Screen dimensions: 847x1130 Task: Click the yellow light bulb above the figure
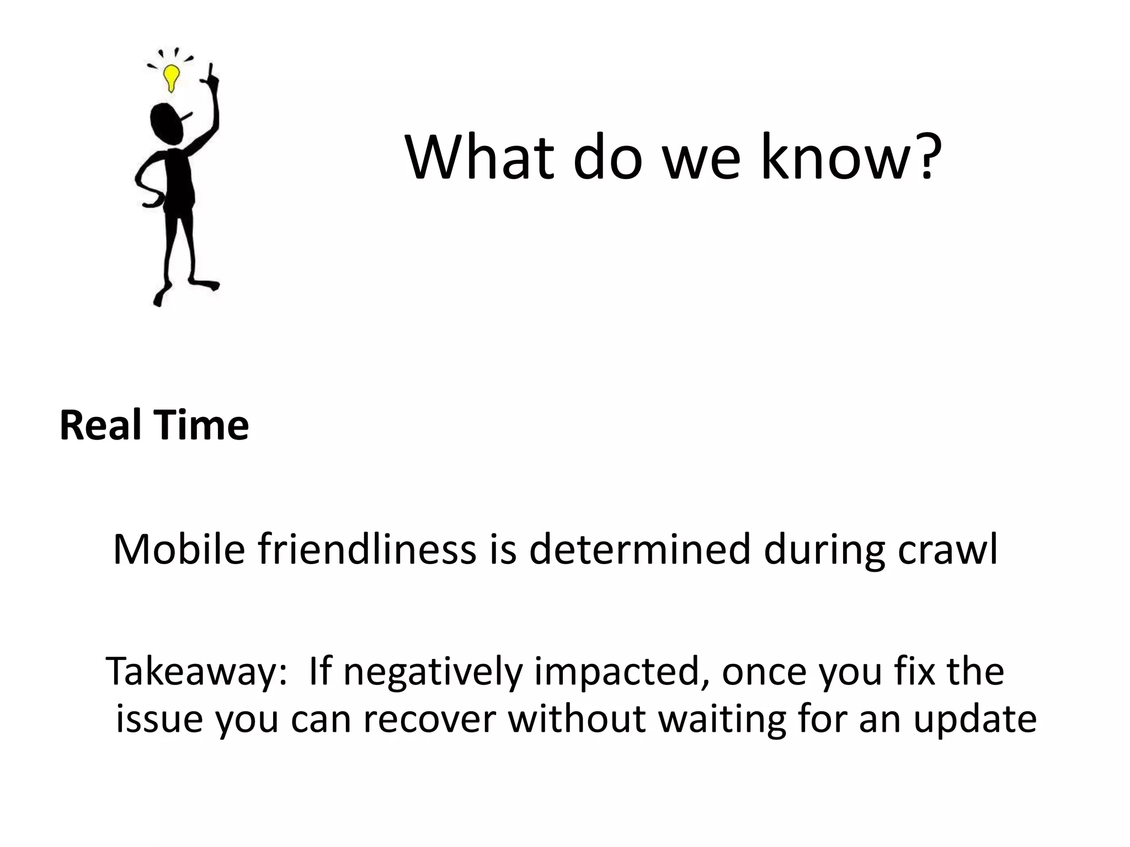[172, 77]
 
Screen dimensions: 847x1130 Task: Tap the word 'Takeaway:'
[196, 672]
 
